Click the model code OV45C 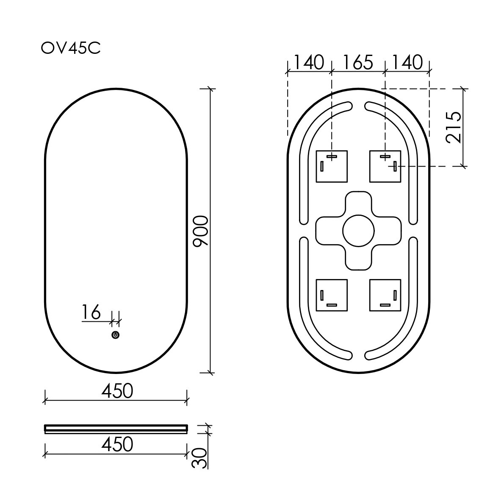[70, 48]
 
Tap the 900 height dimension [200, 231]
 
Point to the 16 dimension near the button [91, 313]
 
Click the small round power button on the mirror [115, 335]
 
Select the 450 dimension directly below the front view [117, 391]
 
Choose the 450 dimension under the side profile [117, 444]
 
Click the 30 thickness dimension [200, 458]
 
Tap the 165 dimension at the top [357, 62]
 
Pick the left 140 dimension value [309, 62]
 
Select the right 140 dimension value [407, 62]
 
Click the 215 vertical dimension [454, 127]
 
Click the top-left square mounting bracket [332, 166]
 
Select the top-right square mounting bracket [385, 166]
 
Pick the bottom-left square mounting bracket [332, 295]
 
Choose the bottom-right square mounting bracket [385, 295]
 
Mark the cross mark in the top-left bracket [332, 157]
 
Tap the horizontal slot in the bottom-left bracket [332, 305]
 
